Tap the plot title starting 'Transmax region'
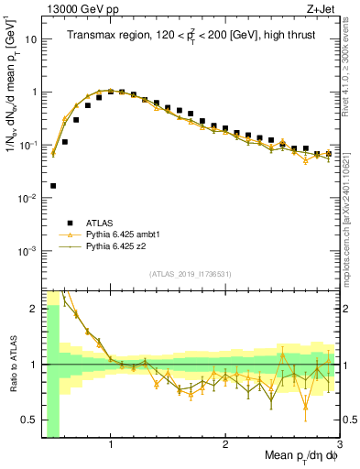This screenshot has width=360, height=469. click(x=190, y=36)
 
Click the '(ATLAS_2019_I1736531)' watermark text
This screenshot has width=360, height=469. click(x=190, y=274)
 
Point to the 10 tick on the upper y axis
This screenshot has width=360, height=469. click(x=32, y=39)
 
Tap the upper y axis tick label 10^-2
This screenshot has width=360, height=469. click(x=30, y=198)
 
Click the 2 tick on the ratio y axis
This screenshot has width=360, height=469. click(x=34, y=309)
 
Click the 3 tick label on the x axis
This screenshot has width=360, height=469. click(x=339, y=446)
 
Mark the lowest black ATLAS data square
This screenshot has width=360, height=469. click(x=53, y=186)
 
